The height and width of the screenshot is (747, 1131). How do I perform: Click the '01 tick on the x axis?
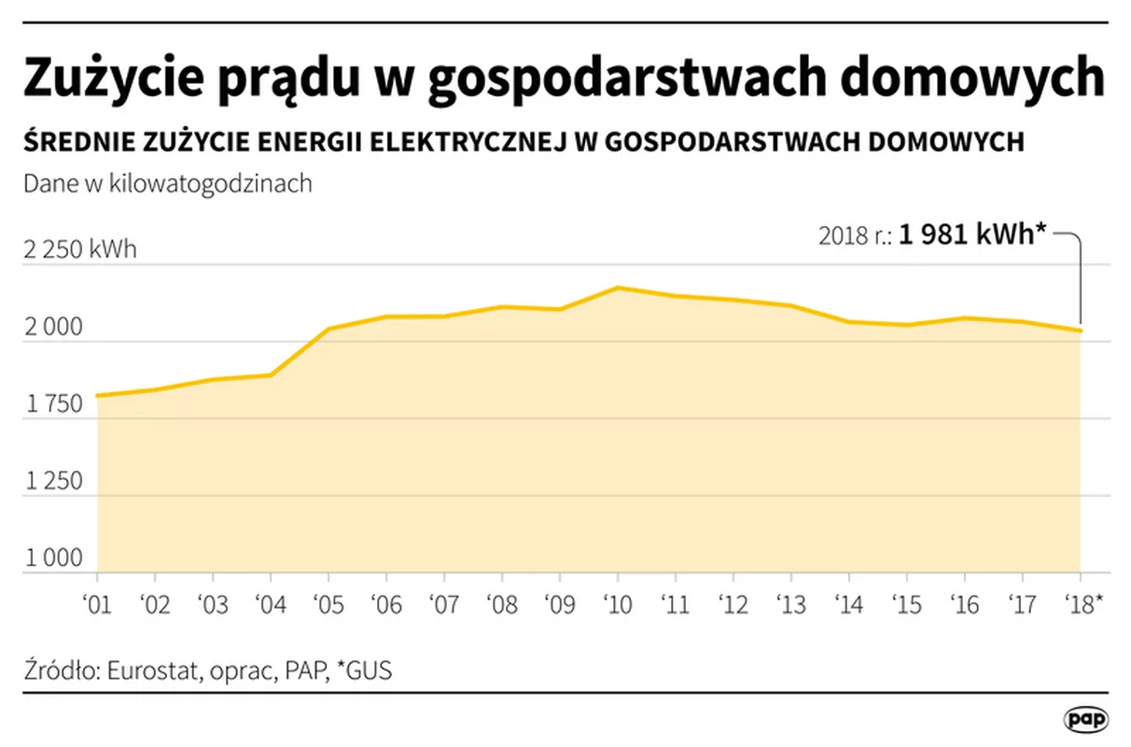(96, 604)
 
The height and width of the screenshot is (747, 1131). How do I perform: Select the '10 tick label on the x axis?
(616, 604)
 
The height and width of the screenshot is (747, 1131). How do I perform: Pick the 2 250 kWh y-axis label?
(79, 250)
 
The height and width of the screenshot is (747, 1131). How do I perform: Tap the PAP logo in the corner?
(1086, 719)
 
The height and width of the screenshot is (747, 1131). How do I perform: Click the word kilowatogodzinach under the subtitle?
(211, 184)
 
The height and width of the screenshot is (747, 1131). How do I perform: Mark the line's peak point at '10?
(617, 288)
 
